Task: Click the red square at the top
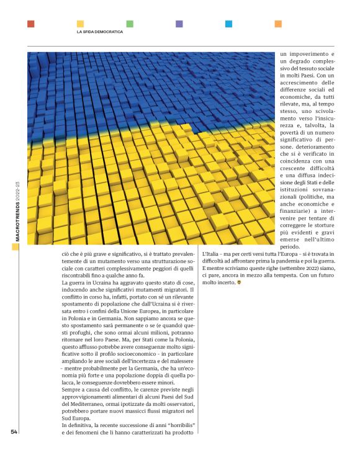[x=31, y=24]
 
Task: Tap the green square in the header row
[x=130, y=24]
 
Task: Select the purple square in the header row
[x=179, y=24]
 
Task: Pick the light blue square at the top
[x=229, y=24]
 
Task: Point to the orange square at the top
[x=278, y=24]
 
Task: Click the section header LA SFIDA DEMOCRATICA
[x=99, y=32]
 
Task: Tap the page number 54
[x=14, y=432]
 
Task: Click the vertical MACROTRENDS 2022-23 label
[x=17, y=211]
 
